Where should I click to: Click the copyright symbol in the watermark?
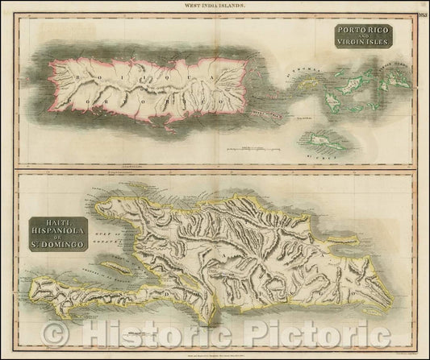tap(56, 331)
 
